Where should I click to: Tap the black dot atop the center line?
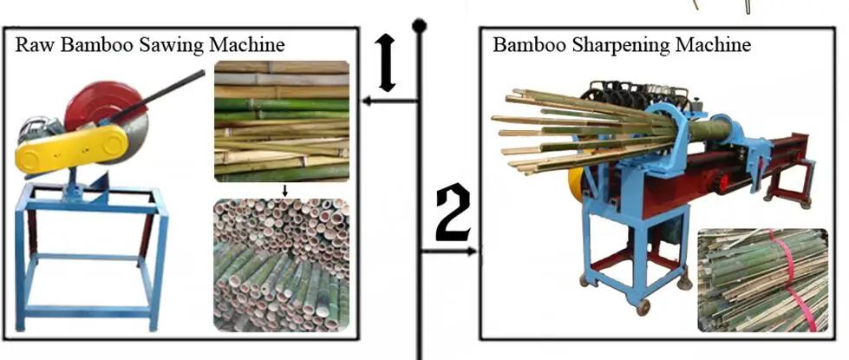(419, 26)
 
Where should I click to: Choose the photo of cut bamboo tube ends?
(281, 265)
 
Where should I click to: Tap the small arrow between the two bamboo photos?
(282, 189)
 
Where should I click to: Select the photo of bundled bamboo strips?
(761, 280)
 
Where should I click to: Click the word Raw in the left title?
(32, 43)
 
